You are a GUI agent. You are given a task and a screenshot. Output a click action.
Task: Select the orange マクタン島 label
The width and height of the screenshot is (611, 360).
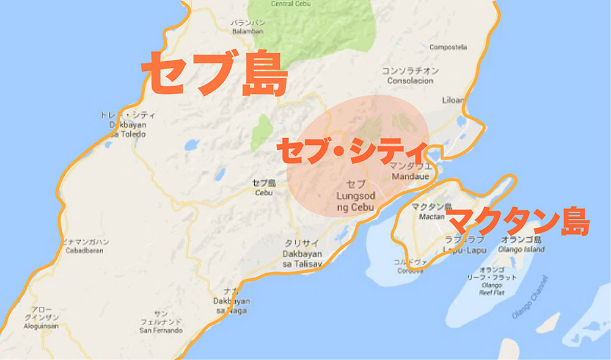(518, 221)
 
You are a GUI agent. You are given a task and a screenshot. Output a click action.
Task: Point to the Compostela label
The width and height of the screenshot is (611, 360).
(448, 47)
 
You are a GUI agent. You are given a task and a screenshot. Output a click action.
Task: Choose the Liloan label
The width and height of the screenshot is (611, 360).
(453, 100)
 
